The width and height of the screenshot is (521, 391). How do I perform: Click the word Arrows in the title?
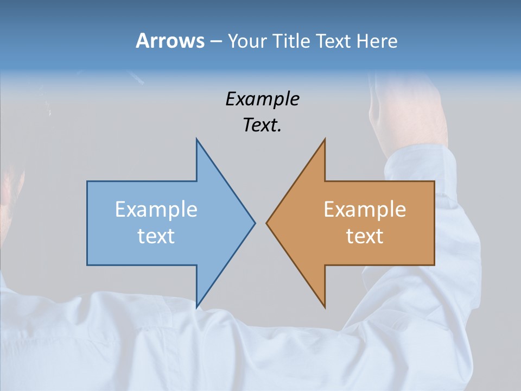coord(170,41)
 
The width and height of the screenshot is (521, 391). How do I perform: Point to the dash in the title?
coord(215,42)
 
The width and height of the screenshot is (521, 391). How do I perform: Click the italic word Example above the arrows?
coord(262,99)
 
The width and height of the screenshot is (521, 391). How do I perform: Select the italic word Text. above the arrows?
coord(262,125)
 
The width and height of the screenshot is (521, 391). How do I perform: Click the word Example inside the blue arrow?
coord(156,210)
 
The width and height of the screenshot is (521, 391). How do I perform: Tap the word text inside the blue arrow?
coord(156,236)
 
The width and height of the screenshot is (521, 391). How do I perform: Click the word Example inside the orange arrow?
coord(365,210)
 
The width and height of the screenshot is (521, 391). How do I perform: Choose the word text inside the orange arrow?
coord(365,236)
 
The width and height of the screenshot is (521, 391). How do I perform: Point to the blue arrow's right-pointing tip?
coord(254,223)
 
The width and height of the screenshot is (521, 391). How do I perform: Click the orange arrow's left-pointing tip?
coord(267,223)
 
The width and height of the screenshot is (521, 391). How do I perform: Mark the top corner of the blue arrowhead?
coord(196,140)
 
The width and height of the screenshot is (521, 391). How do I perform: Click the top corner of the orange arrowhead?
coord(325,140)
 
